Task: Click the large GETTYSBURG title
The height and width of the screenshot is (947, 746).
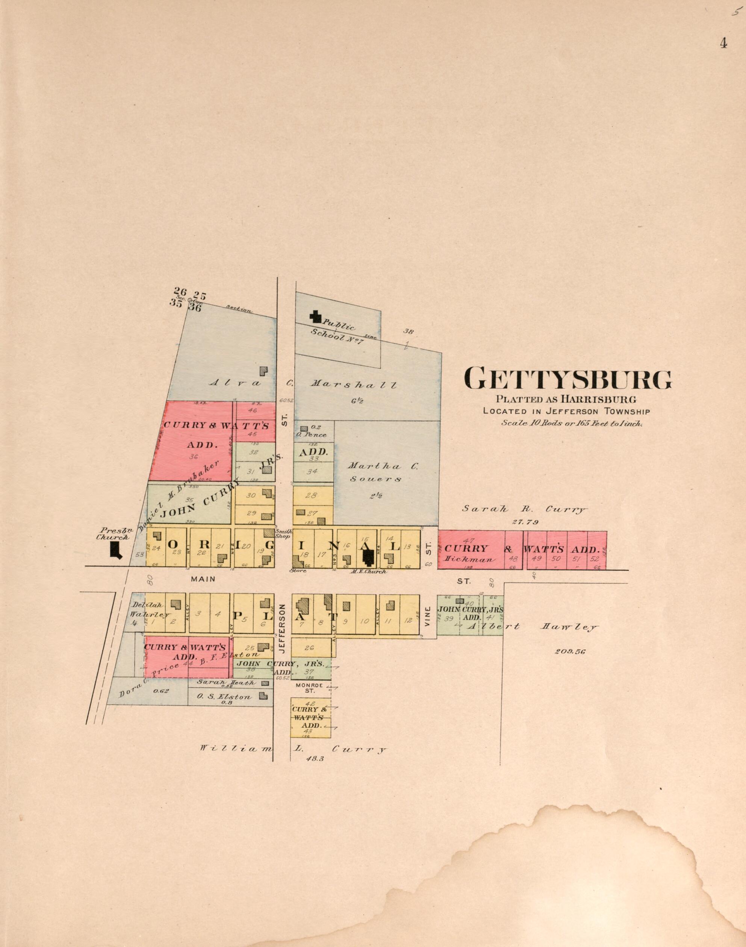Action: tap(568, 378)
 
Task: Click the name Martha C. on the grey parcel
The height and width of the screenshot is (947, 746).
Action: tap(382, 466)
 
